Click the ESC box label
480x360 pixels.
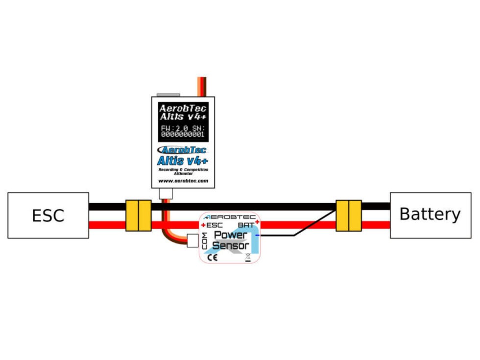click(48, 216)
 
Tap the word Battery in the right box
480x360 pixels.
click(430, 215)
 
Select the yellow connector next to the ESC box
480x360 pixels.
click(139, 216)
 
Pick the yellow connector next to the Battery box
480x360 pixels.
click(348, 216)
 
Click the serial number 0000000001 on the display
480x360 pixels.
click(182, 133)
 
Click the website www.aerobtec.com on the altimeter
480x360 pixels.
click(183, 181)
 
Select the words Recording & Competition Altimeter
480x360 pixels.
click(183, 170)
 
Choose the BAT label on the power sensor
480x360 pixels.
click(245, 225)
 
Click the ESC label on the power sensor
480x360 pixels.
click(214, 225)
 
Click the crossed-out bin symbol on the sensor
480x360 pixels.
click(248, 256)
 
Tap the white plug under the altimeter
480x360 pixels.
click(167, 193)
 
